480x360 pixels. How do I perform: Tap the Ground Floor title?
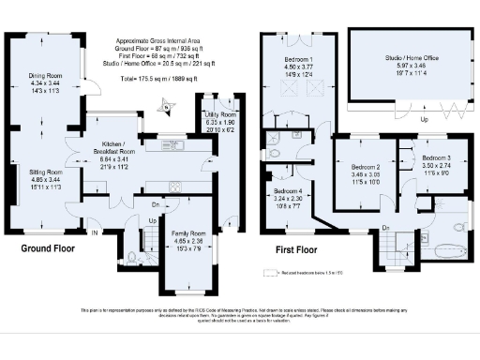coord(49,249)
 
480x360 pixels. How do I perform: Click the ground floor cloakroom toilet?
coord(131,256)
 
